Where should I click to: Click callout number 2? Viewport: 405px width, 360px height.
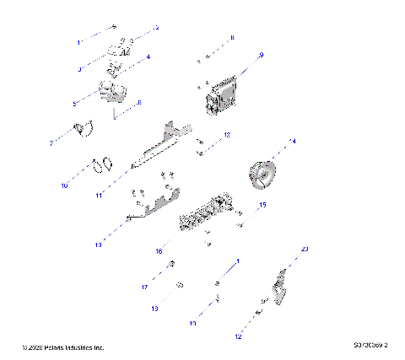[156, 28]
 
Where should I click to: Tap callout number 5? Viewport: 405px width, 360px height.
[74, 104]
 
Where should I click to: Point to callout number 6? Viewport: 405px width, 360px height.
[139, 102]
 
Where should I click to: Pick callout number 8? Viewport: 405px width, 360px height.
[233, 38]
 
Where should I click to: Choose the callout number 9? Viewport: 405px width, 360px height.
[261, 55]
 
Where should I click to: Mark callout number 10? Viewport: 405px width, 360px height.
[64, 185]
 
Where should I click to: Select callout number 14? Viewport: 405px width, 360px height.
[293, 141]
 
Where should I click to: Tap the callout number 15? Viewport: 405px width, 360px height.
[262, 205]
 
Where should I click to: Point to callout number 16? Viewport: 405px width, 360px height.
[157, 250]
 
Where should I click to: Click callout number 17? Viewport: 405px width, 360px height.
[145, 287]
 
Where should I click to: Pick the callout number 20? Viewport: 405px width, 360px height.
[305, 249]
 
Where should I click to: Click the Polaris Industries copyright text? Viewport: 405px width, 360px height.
[63, 347]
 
